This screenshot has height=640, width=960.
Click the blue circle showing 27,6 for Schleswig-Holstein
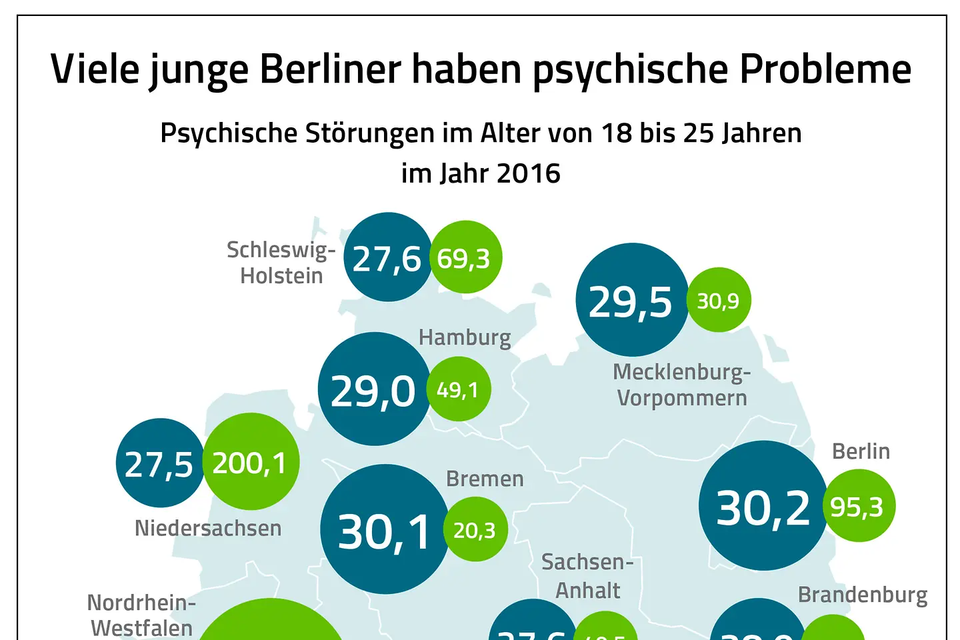tap(387, 257)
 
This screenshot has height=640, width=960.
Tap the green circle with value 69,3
tap(465, 257)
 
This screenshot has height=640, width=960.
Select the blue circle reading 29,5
tap(631, 300)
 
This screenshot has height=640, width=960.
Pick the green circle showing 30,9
tap(719, 300)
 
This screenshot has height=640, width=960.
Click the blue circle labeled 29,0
tap(374, 389)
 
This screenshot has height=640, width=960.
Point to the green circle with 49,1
tap(459, 389)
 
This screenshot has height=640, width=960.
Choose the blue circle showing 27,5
tap(159, 463)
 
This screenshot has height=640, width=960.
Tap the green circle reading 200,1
tap(251, 461)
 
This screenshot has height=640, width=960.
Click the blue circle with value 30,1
tap(385, 530)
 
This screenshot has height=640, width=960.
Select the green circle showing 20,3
tap(475, 529)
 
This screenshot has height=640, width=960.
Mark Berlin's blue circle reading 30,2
tap(763, 506)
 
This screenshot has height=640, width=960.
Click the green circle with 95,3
tap(859, 506)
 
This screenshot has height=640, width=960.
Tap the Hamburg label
tap(465, 337)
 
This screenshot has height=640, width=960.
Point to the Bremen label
tap(485, 479)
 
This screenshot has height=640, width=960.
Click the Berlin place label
tap(861, 451)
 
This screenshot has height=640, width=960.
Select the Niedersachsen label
tap(208, 528)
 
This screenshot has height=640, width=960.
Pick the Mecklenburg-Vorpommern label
tap(681, 385)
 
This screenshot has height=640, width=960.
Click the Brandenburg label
tap(863, 595)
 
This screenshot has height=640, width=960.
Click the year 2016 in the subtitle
tap(528, 173)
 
